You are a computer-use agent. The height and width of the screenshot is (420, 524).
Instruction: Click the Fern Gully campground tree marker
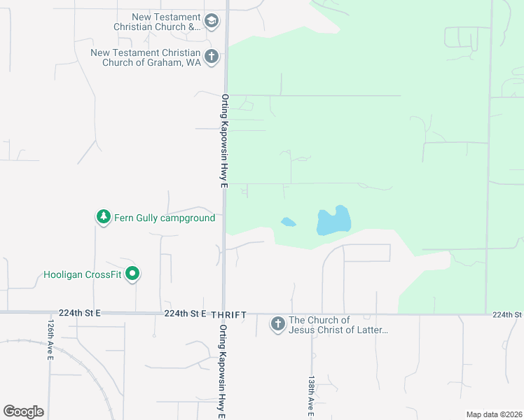(x=104, y=218)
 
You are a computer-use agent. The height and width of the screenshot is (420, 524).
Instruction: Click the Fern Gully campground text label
(x=163, y=218)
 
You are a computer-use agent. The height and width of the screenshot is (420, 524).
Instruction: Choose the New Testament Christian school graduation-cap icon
(x=211, y=22)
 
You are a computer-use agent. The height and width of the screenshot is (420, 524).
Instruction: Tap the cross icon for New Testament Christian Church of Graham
(x=212, y=57)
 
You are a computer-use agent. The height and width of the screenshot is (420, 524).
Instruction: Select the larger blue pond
(x=333, y=221)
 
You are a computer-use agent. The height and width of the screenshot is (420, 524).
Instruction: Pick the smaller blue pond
(x=288, y=223)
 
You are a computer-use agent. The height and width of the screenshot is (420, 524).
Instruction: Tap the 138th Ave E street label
(x=311, y=395)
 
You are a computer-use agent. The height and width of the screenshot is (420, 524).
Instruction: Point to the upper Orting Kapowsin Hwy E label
(x=225, y=141)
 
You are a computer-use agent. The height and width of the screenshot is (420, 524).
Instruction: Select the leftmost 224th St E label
(x=80, y=313)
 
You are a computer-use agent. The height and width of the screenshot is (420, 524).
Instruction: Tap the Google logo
(x=24, y=412)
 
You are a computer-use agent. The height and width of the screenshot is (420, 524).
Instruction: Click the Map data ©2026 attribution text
(x=494, y=414)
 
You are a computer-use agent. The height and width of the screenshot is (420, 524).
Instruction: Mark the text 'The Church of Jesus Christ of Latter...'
(x=338, y=325)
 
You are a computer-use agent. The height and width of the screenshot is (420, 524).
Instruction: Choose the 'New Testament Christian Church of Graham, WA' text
(x=146, y=57)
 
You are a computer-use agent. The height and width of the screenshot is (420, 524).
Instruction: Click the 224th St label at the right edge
(x=508, y=315)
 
